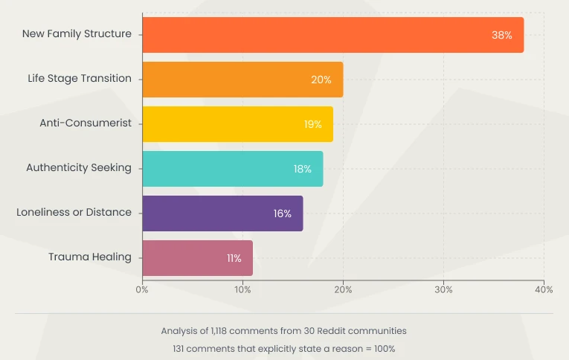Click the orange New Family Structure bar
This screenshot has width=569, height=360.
click(332, 35)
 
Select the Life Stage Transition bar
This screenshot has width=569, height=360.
click(242, 80)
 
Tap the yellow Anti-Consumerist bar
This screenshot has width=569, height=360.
click(237, 124)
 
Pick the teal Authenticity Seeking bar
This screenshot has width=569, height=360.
click(232, 169)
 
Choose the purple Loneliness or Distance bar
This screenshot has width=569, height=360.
click(222, 213)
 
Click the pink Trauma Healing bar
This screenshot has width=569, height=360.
click(197, 258)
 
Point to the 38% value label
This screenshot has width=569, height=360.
click(501, 35)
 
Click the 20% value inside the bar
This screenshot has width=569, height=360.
click(321, 80)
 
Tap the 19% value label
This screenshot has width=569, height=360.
click(312, 124)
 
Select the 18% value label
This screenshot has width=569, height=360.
click(302, 169)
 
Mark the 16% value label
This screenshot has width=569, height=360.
click(282, 213)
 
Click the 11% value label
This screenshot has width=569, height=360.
click(234, 258)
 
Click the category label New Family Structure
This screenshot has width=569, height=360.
click(77, 33)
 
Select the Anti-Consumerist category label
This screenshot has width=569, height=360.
click(86, 123)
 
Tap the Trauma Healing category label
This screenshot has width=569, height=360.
click(90, 257)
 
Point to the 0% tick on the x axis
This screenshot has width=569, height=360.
click(142, 289)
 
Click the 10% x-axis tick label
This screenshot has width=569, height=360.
click(242, 289)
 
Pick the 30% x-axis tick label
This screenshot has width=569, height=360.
click(443, 289)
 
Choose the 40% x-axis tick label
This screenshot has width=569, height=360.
click(544, 289)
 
